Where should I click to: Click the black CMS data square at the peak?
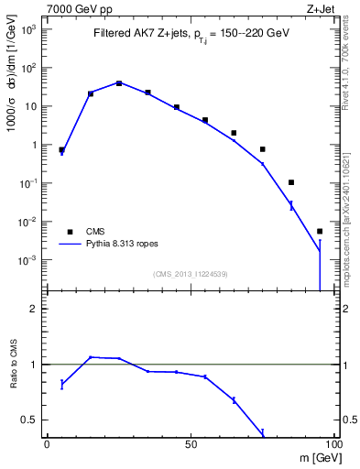119,83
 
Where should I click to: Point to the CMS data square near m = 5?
61,149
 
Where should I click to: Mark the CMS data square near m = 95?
320,231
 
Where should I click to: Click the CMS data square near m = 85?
291,182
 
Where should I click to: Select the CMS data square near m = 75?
262,149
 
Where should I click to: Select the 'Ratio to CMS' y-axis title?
12,365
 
